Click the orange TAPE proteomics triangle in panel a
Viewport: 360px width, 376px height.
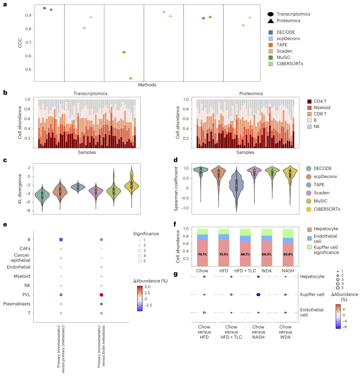click(x=131, y=78)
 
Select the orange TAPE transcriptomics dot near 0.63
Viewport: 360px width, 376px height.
click(x=124, y=52)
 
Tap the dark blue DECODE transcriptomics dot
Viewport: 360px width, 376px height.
click(x=45, y=8)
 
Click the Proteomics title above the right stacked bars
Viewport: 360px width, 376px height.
click(x=251, y=94)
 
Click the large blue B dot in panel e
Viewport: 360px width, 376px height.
click(x=61, y=239)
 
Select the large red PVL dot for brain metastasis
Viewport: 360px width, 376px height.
click(x=101, y=295)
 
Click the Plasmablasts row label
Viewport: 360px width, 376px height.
click(x=17, y=304)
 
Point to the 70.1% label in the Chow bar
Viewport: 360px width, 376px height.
click(x=202, y=254)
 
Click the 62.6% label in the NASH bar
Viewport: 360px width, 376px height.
click(x=288, y=254)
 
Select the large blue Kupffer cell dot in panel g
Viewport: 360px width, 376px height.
click(x=258, y=294)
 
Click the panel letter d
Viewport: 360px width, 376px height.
click(x=177, y=160)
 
